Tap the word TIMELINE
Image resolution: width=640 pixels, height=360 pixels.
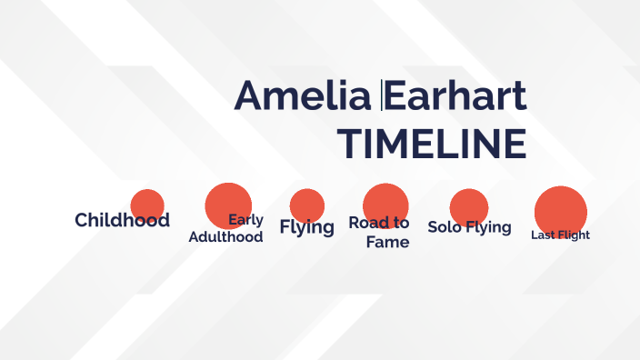tap(431, 145)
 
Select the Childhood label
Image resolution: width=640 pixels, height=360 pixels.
tap(122, 220)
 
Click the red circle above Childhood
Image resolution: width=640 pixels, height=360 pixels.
tap(146, 204)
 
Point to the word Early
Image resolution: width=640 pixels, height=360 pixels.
tap(246, 219)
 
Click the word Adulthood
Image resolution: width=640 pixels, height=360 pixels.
tap(225, 237)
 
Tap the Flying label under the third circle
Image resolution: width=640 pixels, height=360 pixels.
tap(306, 227)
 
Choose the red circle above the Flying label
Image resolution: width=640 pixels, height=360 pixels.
tap(307, 204)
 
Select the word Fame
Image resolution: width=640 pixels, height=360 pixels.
tap(387, 243)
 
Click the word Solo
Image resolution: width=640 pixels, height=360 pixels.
tap(445, 227)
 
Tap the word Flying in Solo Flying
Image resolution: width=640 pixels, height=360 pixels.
tap(488, 227)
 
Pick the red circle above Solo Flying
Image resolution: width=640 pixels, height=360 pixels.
tap(469, 205)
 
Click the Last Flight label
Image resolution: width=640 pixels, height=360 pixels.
tap(560, 235)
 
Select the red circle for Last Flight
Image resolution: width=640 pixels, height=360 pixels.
tap(560, 209)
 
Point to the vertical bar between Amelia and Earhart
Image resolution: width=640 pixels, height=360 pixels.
tap(383, 95)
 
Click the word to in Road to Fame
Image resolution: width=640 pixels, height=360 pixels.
tap(400, 223)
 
